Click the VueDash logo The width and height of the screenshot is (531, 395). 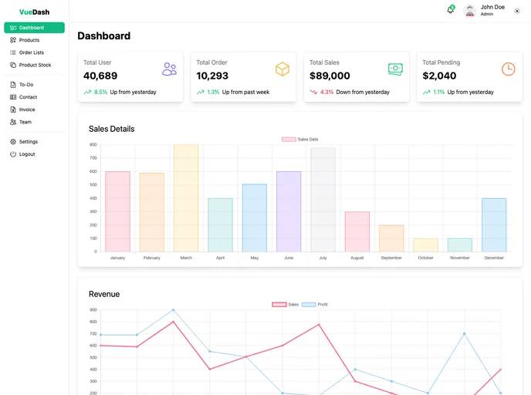point(34,12)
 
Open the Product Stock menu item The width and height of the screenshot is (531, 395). point(35,65)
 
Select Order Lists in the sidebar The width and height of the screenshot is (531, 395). point(32,52)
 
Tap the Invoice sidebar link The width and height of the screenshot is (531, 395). point(27,110)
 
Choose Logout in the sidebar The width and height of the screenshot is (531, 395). point(27,154)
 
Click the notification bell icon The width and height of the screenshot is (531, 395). point(450,10)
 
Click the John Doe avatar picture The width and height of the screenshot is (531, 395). point(469,11)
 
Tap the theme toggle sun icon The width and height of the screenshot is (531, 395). point(517,11)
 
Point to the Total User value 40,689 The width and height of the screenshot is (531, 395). point(100,76)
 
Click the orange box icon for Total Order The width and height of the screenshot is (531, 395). point(282,69)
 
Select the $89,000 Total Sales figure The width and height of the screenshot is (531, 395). point(330,76)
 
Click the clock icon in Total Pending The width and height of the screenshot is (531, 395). point(508,69)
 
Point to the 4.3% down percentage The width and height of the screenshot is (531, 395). point(326,92)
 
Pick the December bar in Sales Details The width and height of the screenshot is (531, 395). point(494,225)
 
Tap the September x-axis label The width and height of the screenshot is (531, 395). point(391,258)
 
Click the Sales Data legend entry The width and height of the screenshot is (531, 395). point(300,139)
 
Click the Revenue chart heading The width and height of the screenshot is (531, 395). point(104,294)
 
